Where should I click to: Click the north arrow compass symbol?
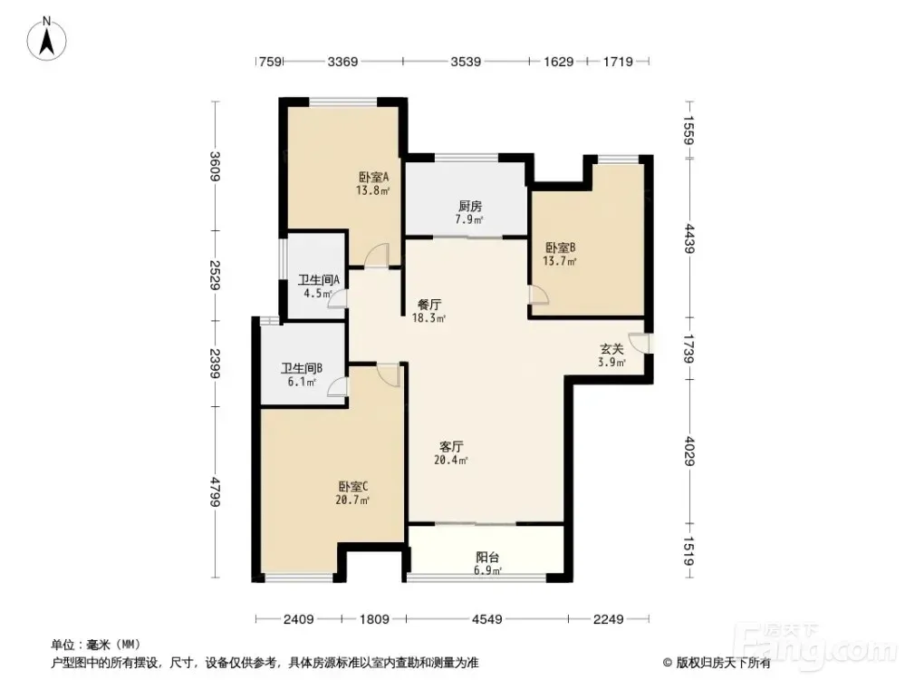point(47,39)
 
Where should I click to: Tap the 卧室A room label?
point(373,177)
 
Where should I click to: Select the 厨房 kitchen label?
point(470,206)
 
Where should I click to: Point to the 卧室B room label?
point(561,248)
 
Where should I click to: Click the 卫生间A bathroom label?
point(319,280)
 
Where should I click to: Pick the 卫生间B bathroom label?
point(302,368)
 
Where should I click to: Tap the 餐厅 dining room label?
point(429,305)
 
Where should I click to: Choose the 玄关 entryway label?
point(611,349)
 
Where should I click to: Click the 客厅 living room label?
point(451,447)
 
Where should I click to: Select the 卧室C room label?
point(353,487)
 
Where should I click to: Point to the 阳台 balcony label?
point(487,558)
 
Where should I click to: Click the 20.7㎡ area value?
point(352,500)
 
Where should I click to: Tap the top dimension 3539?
point(466,62)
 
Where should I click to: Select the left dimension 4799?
point(216,491)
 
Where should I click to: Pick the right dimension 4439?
point(689,238)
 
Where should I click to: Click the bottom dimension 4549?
point(487,619)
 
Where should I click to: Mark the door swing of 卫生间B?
point(337,386)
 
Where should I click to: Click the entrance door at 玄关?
point(640,344)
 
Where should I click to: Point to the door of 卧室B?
point(539,295)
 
